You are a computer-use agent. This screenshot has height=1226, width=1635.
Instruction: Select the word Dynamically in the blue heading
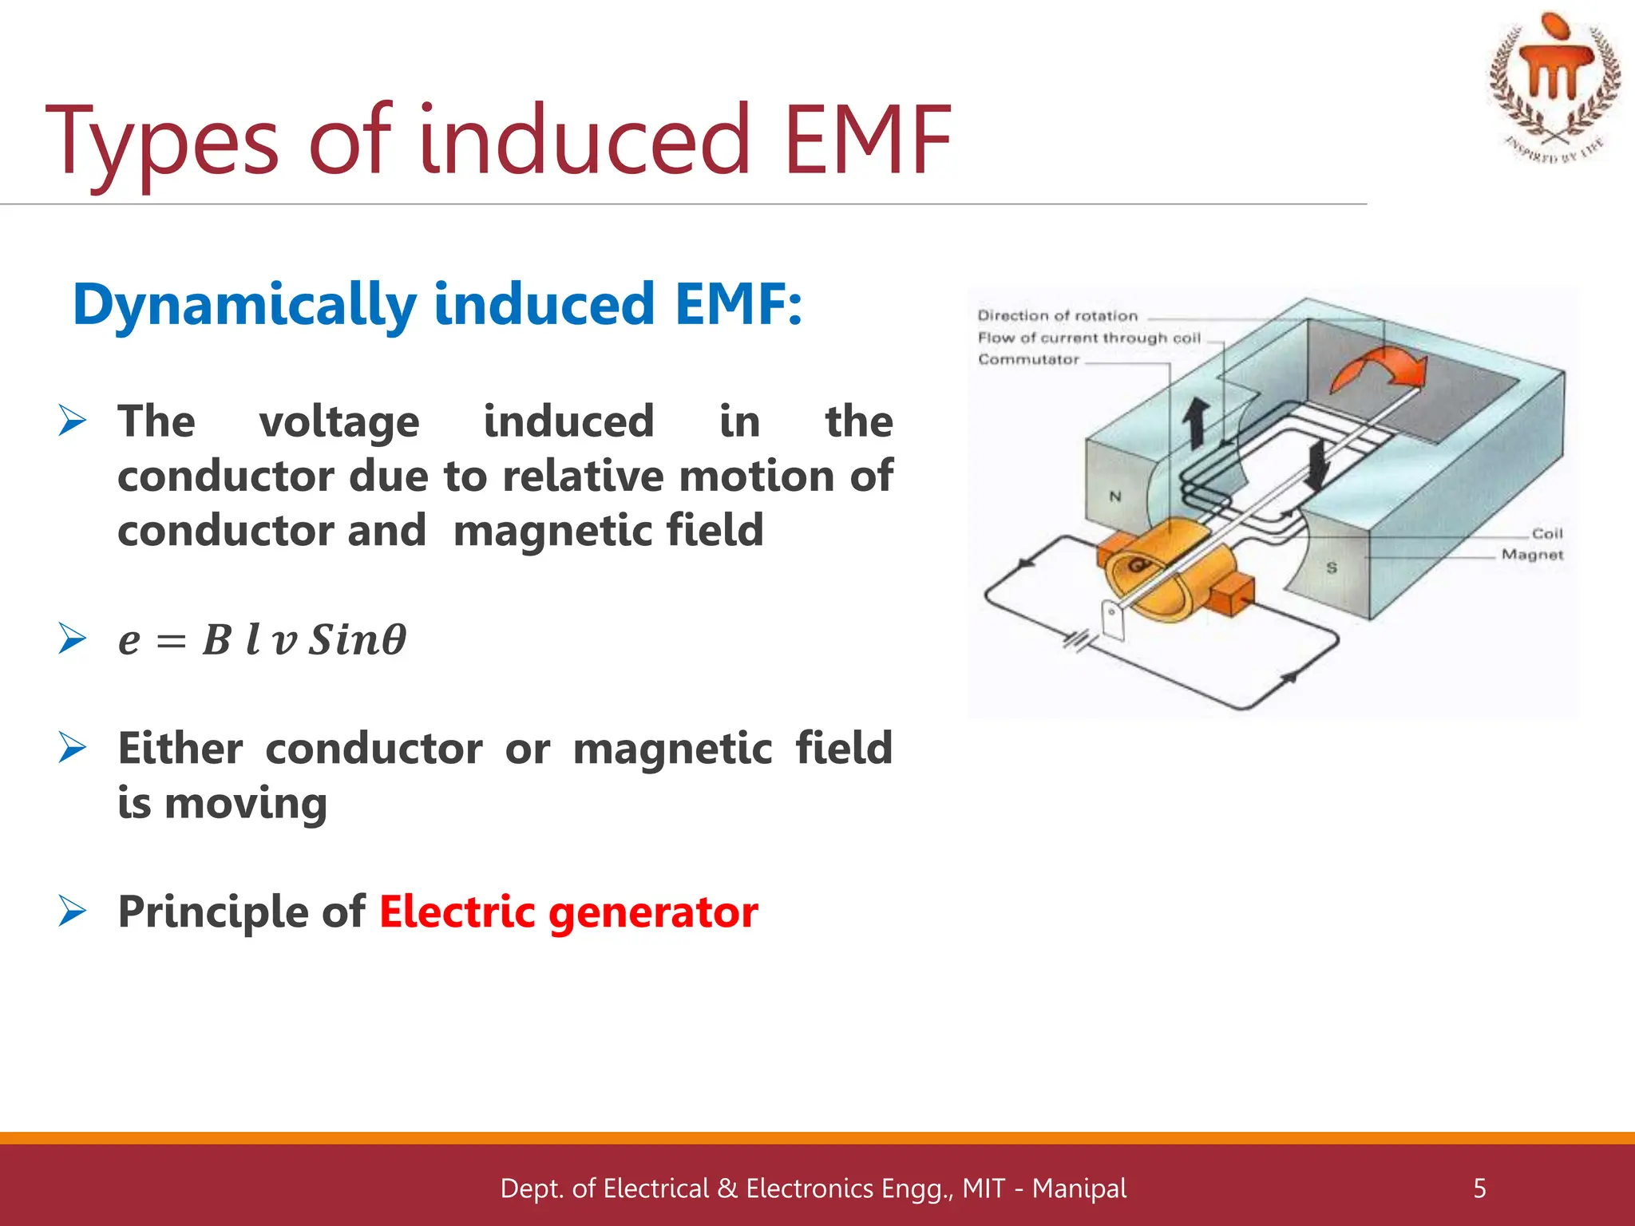coord(243,306)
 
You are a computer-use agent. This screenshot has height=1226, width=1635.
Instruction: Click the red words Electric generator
coord(568,912)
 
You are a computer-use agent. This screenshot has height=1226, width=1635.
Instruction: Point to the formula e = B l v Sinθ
coord(262,640)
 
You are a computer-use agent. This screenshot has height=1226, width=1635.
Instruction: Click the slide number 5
coord(1479,1188)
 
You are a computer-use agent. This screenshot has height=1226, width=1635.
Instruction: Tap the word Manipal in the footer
coord(1079,1188)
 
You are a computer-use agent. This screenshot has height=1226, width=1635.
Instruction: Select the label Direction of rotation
coord(1057,316)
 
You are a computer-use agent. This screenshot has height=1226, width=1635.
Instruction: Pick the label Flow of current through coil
coord(1089,338)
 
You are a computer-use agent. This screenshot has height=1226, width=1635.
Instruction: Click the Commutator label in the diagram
coord(1028,360)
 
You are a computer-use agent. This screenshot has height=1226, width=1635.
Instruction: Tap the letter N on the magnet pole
coord(1115,496)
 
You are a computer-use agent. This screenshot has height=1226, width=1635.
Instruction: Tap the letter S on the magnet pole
coord(1332,568)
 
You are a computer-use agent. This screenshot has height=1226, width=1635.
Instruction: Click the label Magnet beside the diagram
coord(1531,555)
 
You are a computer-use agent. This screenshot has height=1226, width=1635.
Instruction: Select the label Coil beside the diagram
coord(1546,533)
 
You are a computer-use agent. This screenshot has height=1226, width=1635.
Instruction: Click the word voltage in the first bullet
coord(339,422)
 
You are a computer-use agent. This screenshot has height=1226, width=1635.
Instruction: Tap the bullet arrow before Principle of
coord(72,911)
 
